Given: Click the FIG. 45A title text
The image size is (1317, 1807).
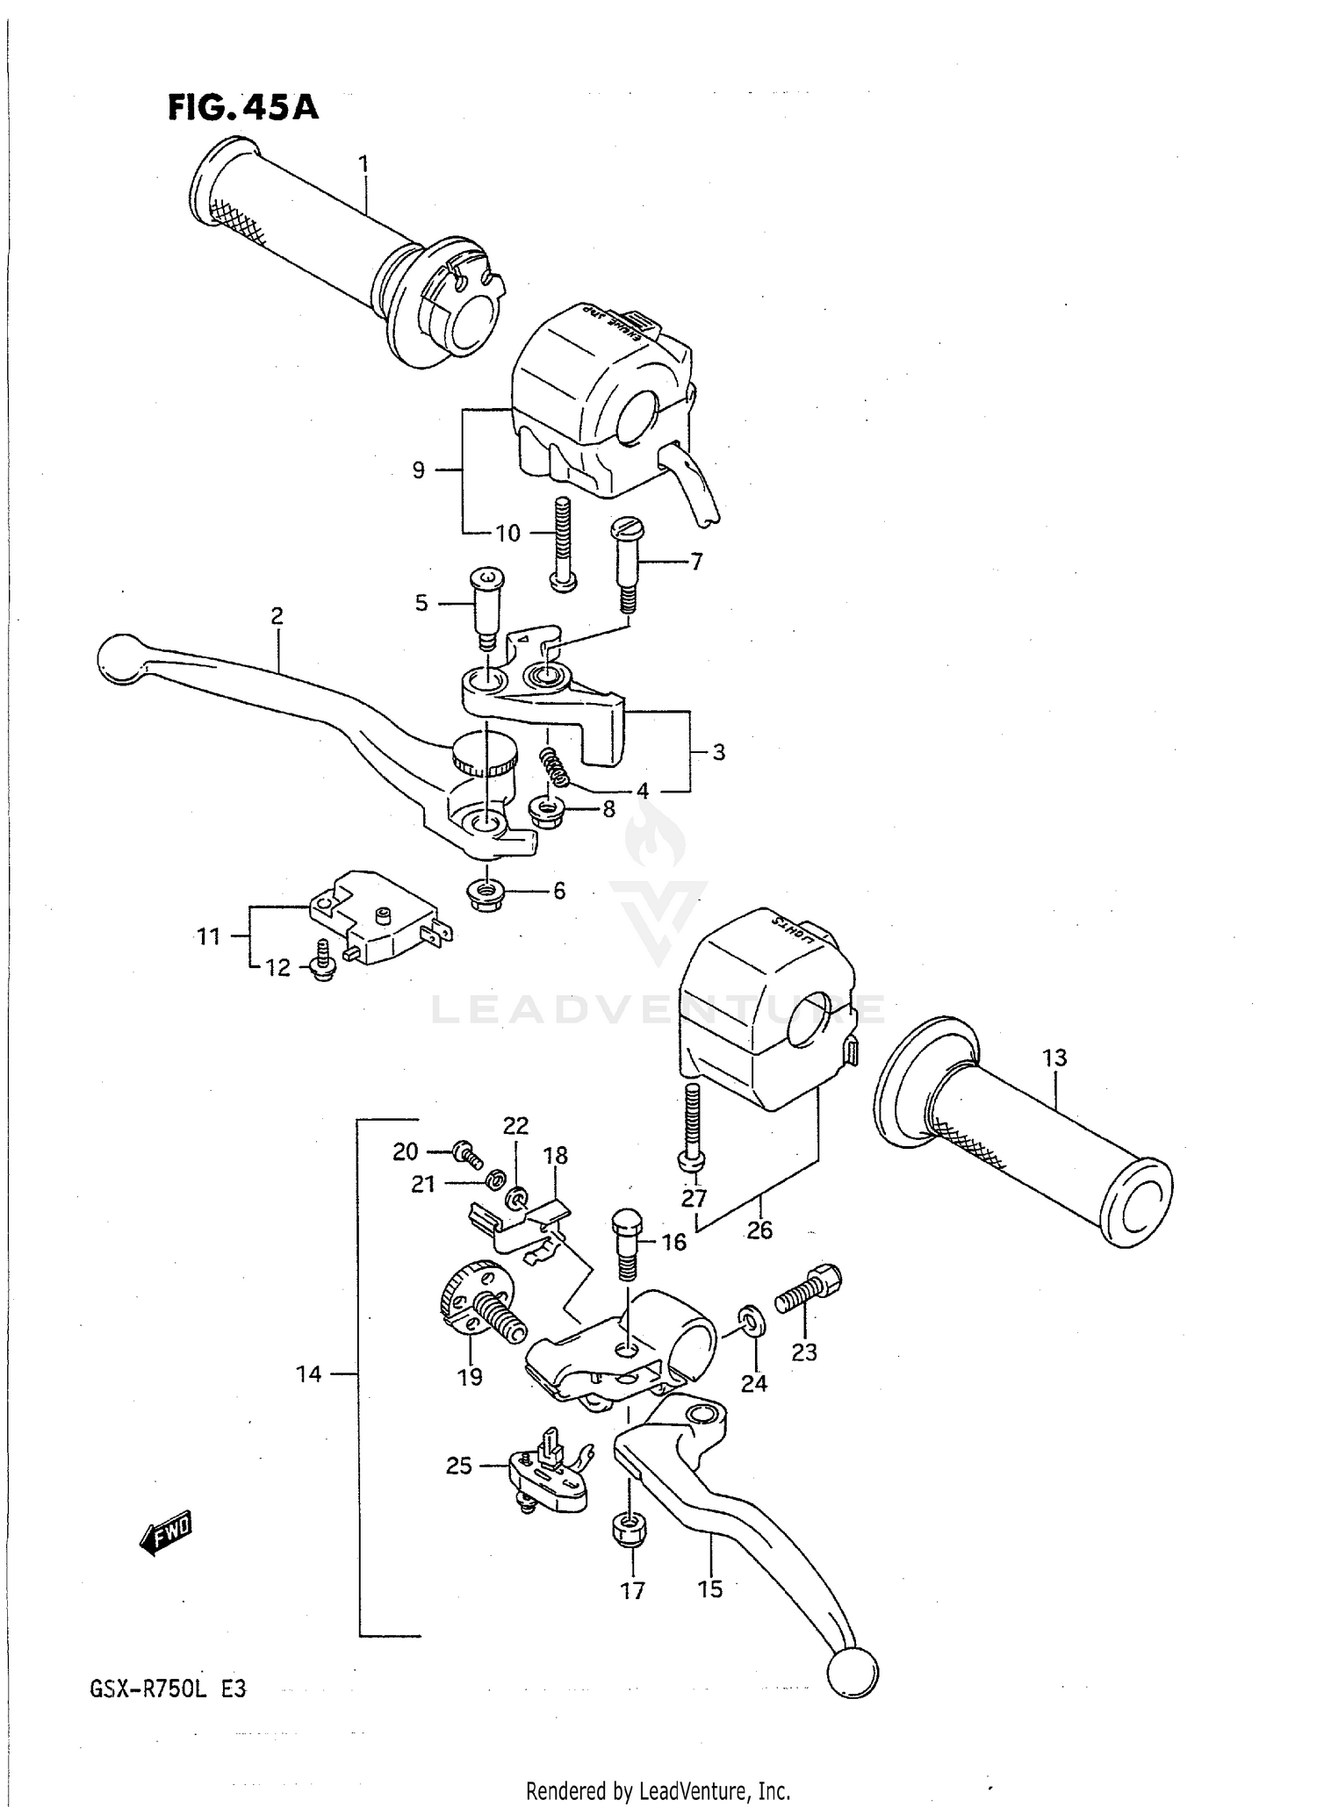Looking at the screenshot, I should pyautogui.click(x=242, y=108).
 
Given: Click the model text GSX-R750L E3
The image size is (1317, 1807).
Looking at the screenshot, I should pyautogui.click(x=166, y=1689).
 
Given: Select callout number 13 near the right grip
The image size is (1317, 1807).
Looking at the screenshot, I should pyautogui.click(x=1054, y=1058).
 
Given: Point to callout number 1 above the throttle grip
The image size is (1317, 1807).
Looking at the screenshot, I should pyautogui.click(x=363, y=164).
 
